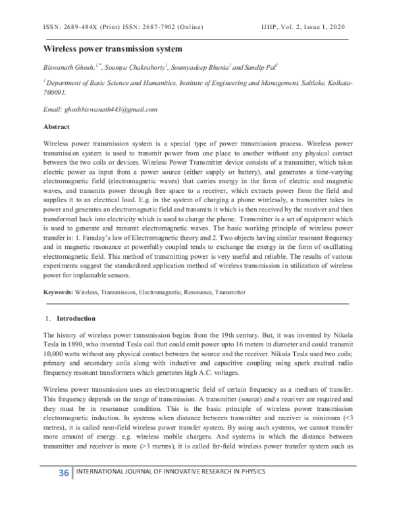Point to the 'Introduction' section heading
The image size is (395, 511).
(76, 319)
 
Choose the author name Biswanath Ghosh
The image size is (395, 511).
(70, 67)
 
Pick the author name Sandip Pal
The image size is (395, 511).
(263, 67)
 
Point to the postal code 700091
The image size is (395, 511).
(56, 94)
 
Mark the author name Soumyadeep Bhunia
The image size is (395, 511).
(201, 67)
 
